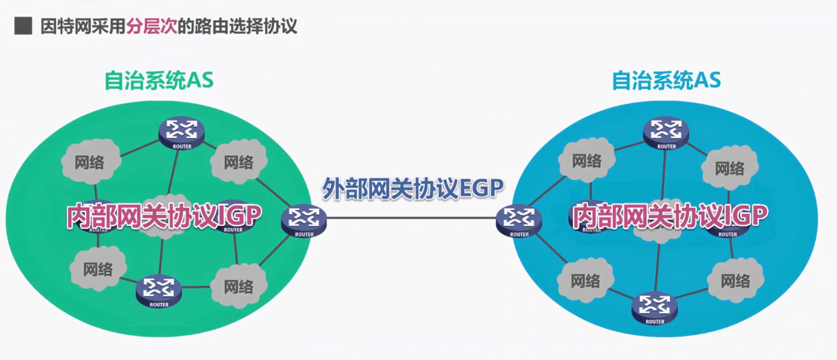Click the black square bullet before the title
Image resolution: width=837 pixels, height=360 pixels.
(x=23, y=26)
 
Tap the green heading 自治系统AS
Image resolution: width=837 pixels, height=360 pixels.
(x=159, y=80)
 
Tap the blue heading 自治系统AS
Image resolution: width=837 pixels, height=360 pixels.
(x=666, y=80)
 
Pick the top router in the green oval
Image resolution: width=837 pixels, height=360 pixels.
(x=180, y=131)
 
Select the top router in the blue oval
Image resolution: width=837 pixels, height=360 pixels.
(x=666, y=131)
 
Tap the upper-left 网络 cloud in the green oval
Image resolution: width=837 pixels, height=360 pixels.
(x=90, y=162)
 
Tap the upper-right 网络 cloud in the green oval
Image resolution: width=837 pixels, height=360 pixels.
(x=239, y=162)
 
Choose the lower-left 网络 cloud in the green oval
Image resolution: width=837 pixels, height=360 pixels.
(x=98, y=269)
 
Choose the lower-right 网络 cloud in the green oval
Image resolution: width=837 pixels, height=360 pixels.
(x=239, y=286)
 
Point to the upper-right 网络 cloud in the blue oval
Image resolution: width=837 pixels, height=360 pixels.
(x=729, y=168)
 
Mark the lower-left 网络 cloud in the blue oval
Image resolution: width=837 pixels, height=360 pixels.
(x=585, y=281)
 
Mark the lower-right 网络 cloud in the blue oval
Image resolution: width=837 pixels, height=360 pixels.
(x=735, y=281)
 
